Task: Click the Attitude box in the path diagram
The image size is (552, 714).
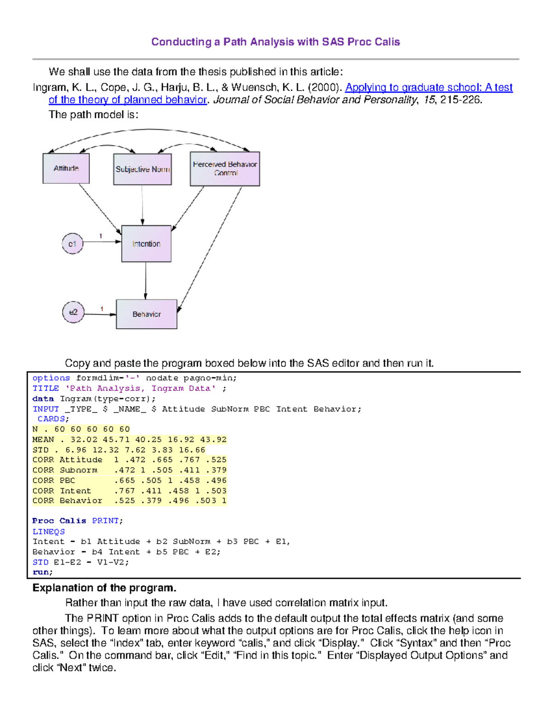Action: coord(66,168)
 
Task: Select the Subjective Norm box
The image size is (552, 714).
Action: coord(142,169)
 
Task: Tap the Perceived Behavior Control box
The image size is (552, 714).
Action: coord(224,169)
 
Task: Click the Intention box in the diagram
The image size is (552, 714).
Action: coord(146,244)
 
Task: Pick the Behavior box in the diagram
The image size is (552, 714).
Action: coord(146,314)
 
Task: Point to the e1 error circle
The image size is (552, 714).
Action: coord(72,244)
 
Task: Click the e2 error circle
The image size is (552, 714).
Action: coord(73,312)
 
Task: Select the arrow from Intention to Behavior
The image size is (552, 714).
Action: coord(146,280)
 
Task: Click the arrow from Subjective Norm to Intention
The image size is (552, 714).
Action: coord(142,205)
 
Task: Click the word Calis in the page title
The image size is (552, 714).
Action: coord(387,42)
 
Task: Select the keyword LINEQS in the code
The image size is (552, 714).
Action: coord(48,531)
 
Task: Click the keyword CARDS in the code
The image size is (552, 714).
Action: coord(52,419)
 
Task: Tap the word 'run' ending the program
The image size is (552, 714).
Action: coord(41,572)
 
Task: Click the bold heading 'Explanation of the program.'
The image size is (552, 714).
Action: coord(104,588)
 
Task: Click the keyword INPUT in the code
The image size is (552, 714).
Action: coord(46,409)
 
